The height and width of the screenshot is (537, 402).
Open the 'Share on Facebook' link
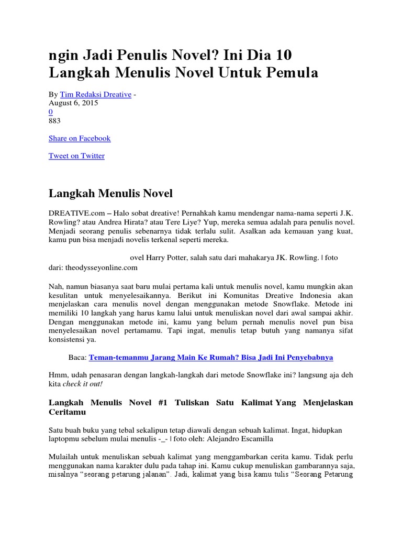(x=80, y=138)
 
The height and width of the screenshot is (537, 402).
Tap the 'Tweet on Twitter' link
(x=76, y=156)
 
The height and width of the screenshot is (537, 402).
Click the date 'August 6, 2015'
(x=73, y=103)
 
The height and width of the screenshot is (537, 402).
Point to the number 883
(x=54, y=121)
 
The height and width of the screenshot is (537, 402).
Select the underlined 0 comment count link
(x=51, y=112)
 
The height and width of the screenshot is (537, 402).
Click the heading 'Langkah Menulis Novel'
(x=110, y=194)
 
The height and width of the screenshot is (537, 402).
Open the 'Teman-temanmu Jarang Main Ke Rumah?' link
(x=211, y=357)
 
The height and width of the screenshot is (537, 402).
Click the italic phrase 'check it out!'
(x=83, y=384)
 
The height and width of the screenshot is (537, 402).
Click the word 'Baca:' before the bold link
(x=77, y=357)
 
